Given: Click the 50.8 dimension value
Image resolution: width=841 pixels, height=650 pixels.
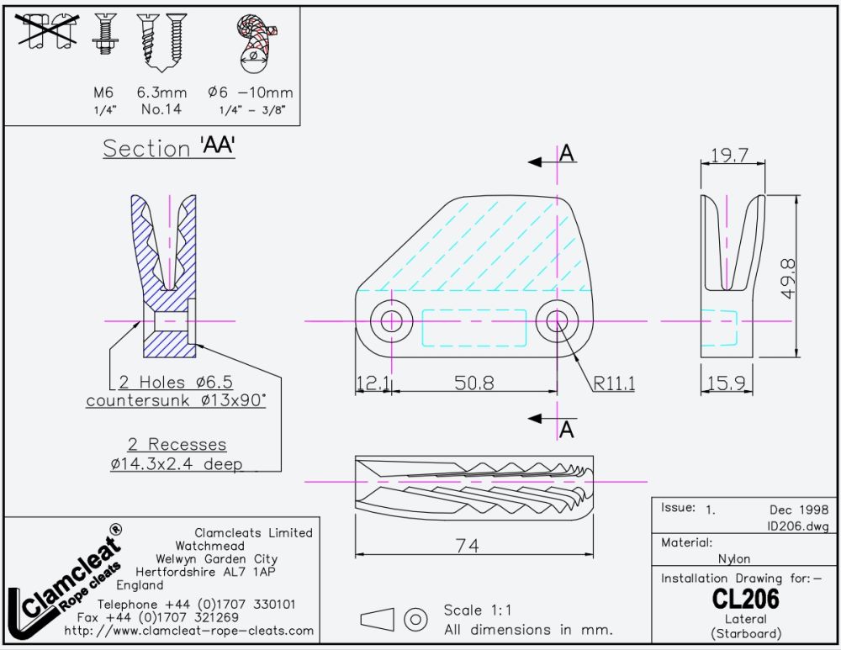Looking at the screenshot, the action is pyautogui.click(x=474, y=383).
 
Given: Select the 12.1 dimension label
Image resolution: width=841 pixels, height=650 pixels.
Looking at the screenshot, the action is pyautogui.click(x=373, y=383).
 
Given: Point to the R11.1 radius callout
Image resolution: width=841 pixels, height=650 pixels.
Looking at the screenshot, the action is pyautogui.click(x=614, y=383).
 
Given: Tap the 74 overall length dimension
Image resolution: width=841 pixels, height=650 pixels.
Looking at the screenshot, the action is pyautogui.click(x=467, y=546).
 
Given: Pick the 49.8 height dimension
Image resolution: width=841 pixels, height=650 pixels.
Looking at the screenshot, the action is pyautogui.click(x=789, y=278).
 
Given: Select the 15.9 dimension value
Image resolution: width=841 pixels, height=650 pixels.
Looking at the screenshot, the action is pyautogui.click(x=727, y=383).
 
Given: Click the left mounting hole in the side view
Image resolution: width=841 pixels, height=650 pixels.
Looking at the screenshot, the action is pyautogui.click(x=392, y=321).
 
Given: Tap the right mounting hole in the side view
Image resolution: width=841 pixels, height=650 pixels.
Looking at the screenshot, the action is pyautogui.click(x=558, y=321).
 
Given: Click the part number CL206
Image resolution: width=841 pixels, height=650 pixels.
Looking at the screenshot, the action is pyautogui.click(x=745, y=599).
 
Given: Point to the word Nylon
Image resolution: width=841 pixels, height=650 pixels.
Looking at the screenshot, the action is pyautogui.click(x=733, y=559).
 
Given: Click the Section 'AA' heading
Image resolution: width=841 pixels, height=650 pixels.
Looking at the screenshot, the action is pyautogui.click(x=169, y=147).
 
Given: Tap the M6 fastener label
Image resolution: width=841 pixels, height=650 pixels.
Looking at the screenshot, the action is pyautogui.click(x=103, y=92).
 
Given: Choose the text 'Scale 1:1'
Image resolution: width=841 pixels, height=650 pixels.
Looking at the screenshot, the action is pyautogui.click(x=478, y=610).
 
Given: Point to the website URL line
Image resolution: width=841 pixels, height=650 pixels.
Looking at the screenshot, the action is pyautogui.click(x=188, y=631).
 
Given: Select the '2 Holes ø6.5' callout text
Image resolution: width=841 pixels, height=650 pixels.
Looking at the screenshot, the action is pyautogui.click(x=176, y=382).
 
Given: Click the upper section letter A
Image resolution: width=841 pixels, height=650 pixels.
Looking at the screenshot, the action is pyautogui.click(x=566, y=153).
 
